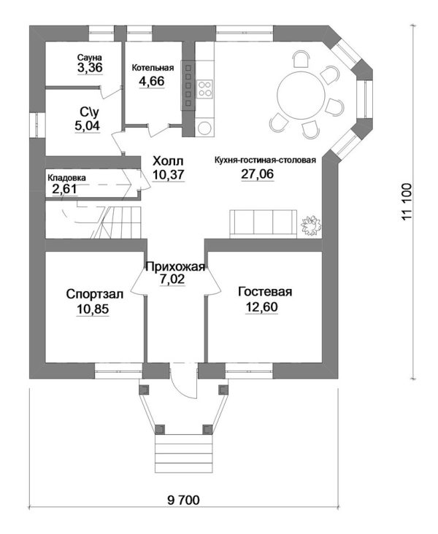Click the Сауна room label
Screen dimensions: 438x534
89,57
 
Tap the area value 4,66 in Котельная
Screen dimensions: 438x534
152,82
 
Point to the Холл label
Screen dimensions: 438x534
168,160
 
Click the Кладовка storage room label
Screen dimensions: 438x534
67,178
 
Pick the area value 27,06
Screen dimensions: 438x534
258,174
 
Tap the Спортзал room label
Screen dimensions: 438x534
94,294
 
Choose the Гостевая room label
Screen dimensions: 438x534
265,292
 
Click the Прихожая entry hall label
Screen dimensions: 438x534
175,267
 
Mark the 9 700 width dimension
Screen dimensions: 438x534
184,500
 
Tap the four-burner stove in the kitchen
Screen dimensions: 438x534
205,88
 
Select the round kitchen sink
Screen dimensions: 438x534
205,128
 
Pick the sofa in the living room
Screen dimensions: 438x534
263,224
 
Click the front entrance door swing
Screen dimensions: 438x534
184,382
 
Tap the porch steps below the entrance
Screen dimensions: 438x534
184,452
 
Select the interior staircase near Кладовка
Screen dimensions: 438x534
102,221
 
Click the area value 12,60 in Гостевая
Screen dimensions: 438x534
261,307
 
